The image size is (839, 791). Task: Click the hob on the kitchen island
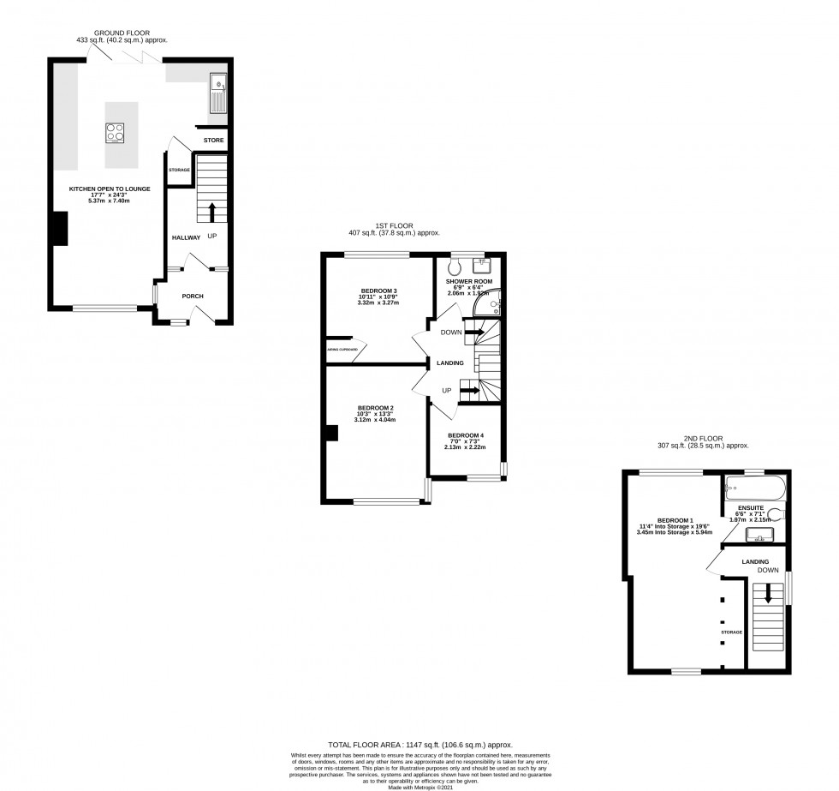point(116,133)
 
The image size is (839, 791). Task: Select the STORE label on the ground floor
point(213,139)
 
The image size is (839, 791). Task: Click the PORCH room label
point(193,297)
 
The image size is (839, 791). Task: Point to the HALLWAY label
point(185,237)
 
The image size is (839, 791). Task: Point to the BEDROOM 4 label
point(466,434)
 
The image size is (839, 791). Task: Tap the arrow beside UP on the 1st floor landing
point(470,391)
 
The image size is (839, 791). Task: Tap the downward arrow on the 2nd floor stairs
point(768,593)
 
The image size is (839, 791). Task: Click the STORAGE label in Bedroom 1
point(731,632)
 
